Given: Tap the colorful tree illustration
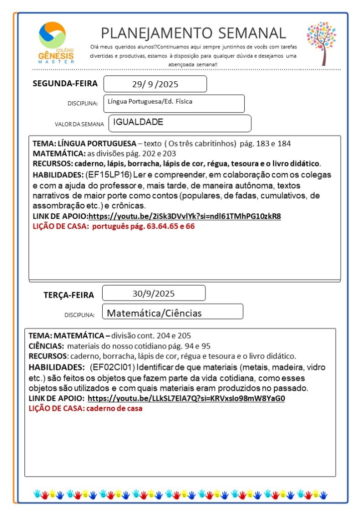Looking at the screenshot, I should tap(322, 43).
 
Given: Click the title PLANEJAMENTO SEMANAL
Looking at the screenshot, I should tap(193, 33).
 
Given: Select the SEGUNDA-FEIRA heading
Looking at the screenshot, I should tap(65, 83).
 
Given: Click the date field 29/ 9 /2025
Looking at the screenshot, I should tap(155, 84).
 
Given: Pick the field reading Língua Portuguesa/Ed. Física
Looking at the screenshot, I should tap(174, 103).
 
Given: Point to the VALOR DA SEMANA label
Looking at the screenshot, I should tap(79, 124).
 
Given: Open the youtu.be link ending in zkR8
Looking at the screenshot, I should tap(184, 216).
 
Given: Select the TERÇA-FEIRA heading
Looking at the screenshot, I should tap(69, 295).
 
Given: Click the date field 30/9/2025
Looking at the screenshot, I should tap(154, 293).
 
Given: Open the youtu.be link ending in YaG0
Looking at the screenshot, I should tap(186, 398).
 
